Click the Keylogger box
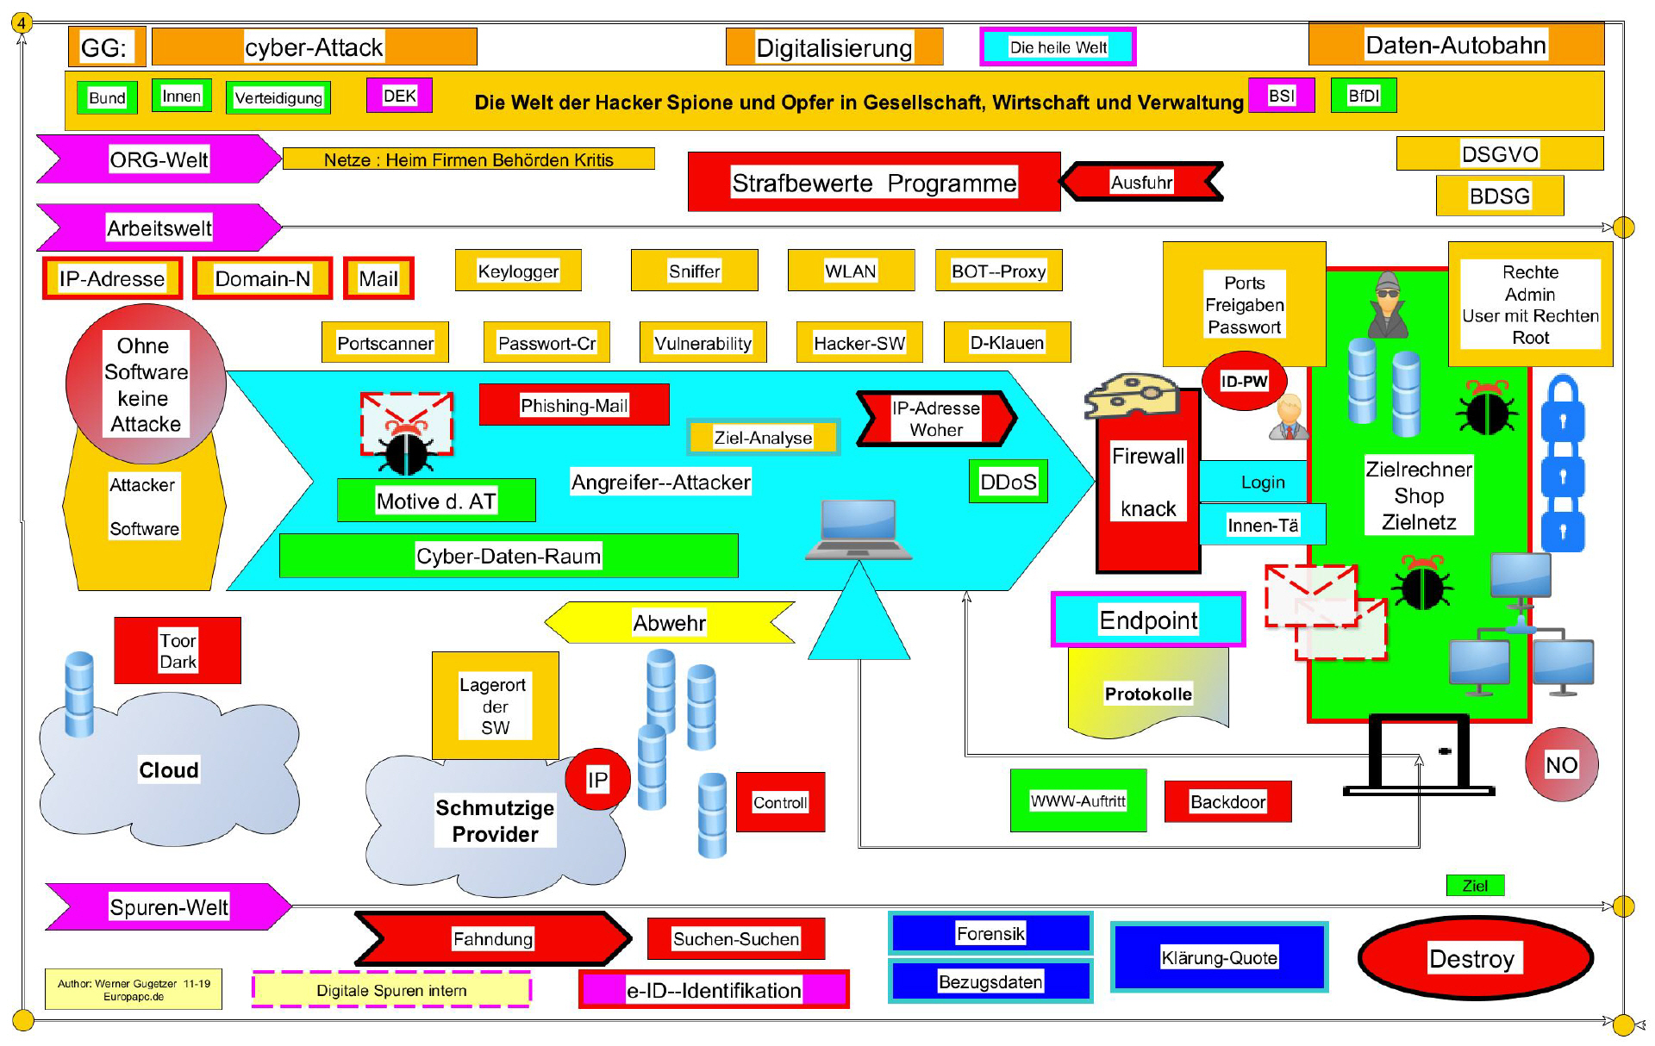tap(518, 271)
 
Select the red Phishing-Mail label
tap(574, 405)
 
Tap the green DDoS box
tap(1009, 482)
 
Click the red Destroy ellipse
tap(1475, 958)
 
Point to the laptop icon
tap(859, 530)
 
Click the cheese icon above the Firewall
tap(1132, 395)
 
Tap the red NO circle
tap(1561, 764)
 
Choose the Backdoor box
tap(1227, 802)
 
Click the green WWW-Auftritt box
tap(1078, 801)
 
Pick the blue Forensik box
tap(990, 933)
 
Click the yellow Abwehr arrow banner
tap(670, 622)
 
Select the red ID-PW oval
tap(1244, 381)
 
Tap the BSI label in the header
tap(1282, 96)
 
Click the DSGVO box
tap(1499, 153)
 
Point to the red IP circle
tap(597, 780)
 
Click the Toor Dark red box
tap(178, 651)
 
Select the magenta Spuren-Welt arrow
tap(169, 906)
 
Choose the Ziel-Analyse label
tap(763, 437)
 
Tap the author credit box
tap(134, 989)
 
